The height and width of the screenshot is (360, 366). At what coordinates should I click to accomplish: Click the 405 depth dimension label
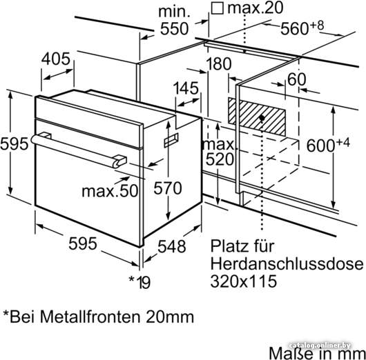[x=56, y=59]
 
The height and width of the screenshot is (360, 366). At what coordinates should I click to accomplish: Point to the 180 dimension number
[x=219, y=64]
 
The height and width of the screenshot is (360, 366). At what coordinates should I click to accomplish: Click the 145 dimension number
[x=186, y=88]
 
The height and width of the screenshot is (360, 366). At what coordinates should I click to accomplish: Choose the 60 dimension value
[x=296, y=79]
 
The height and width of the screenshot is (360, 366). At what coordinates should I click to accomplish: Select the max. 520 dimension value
[x=219, y=152]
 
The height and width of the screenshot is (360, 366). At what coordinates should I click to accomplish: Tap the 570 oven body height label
[x=168, y=188]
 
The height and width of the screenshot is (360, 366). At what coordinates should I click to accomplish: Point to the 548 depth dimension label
[x=172, y=246]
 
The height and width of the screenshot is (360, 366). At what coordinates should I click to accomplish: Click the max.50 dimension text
[x=110, y=191]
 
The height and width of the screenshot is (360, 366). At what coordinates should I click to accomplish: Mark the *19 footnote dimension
[x=139, y=282]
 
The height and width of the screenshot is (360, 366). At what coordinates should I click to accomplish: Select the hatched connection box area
[x=256, y=117]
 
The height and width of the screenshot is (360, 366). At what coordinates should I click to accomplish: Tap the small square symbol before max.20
[x=217, y=9]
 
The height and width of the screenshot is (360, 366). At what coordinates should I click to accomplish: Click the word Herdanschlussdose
[x=287, y=263]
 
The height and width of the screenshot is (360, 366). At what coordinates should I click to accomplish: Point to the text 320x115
[x=244, y=281]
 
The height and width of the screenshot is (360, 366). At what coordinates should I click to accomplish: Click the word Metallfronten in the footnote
[x=90, y=317]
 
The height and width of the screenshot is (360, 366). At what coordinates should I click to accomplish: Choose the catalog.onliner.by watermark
[x=320, y=346]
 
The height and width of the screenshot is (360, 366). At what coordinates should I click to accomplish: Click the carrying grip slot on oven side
[x=171, y=140]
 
